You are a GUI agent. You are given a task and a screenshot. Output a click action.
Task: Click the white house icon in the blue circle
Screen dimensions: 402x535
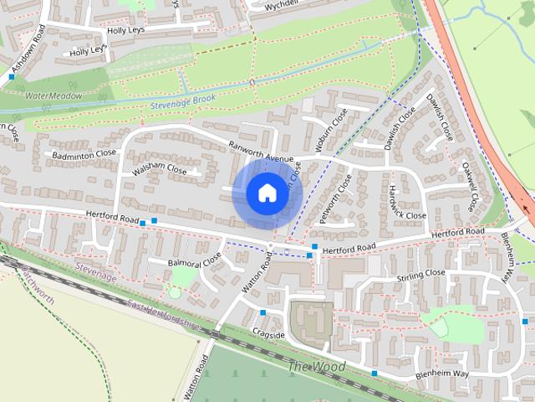pos(266,193)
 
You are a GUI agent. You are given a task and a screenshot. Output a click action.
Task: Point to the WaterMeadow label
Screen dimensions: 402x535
pos(53,96)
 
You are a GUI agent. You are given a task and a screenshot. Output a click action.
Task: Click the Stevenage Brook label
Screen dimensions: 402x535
pos(183,101)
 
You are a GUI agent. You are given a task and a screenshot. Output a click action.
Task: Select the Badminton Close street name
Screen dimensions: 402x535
pos(84,155)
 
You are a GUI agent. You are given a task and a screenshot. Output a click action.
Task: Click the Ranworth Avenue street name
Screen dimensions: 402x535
pos(262,152)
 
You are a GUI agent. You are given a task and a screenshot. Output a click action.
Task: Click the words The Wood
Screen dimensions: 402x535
pos(316,367)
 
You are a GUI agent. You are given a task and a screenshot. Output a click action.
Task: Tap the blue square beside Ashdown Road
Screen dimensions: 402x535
pos(12,76)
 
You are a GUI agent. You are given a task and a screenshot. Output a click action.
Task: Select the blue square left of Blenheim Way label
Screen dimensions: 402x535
pos(374,373)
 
